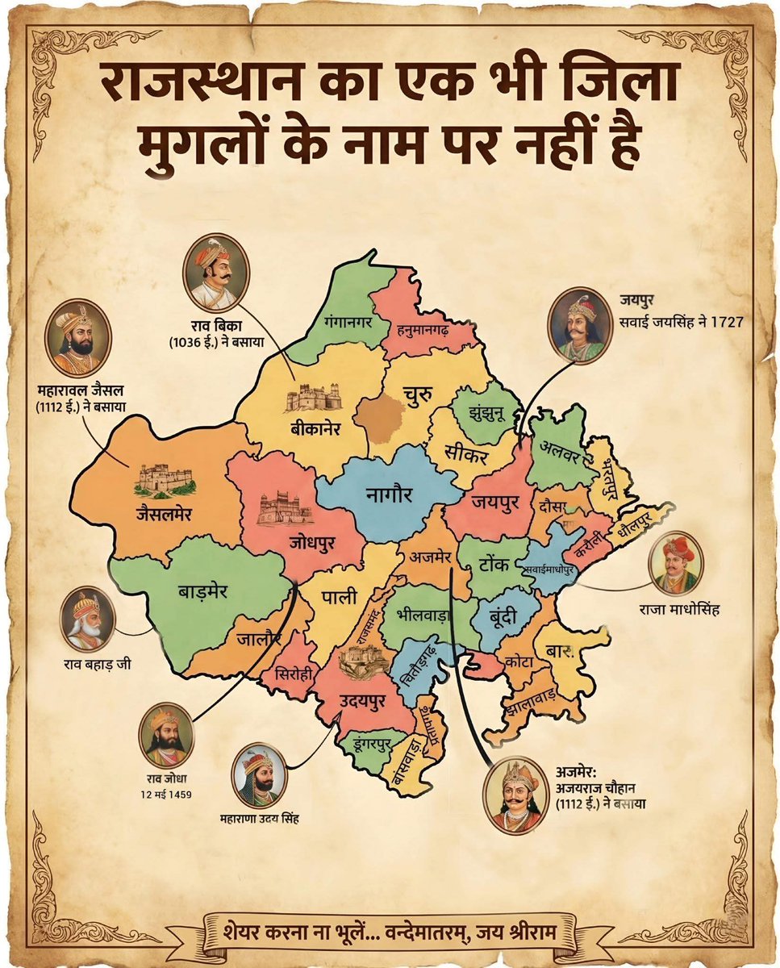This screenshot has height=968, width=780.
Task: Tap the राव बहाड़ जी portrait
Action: point(86,622)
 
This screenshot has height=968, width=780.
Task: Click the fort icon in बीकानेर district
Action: point(311,398)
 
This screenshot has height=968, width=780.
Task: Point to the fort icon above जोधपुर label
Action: point(285,507)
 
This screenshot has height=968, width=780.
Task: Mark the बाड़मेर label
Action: point(203,590)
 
